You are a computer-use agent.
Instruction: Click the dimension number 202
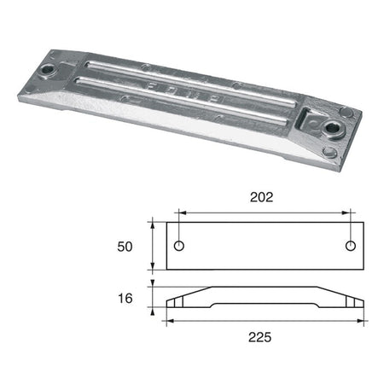pyautogui.click(x=261, y=197)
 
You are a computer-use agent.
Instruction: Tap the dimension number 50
pyautogui.click(x=125, y=247)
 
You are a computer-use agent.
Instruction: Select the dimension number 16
pyautogui.click(x=125, y=299)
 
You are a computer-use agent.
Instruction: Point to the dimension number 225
pyautogui.click(x=260, y=337)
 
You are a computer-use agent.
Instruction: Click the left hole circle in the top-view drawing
pyautogui.click(x=179, y=246)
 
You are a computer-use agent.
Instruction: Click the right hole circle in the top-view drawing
pyautogui.click(x=351, y=246)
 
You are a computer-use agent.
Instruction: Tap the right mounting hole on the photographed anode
pyautogui.click(x=331, y=127)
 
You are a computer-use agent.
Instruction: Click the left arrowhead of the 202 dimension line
pyautogui.click(x=183, y=212)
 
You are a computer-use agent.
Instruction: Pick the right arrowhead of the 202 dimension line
pyautogui.click(x=346, y=212)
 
